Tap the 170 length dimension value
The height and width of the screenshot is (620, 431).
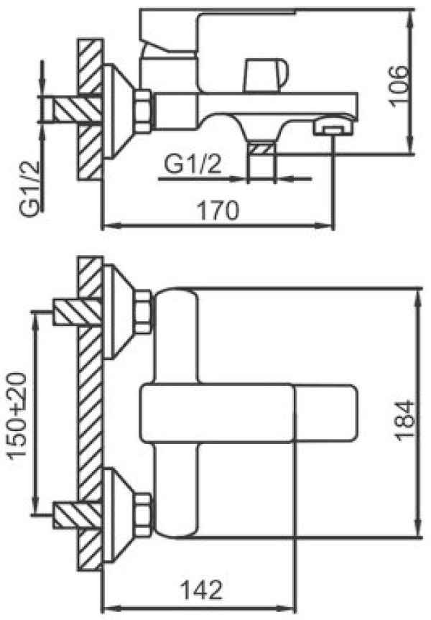218,210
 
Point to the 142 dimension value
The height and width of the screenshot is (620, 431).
201,591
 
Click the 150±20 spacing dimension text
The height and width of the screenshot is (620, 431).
18,415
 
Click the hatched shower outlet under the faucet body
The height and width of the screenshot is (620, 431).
261,151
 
